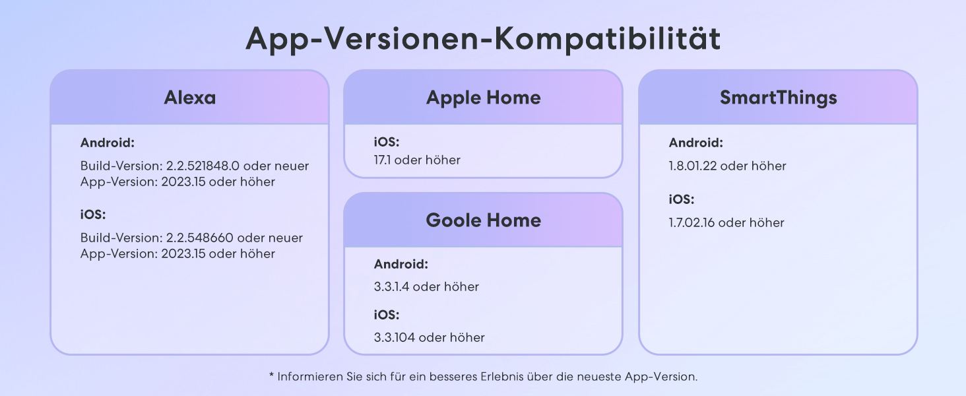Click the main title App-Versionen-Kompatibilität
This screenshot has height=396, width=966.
tap(483, 40)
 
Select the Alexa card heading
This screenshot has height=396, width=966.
tap(189, 98)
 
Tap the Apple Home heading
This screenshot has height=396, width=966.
tap(483, 98)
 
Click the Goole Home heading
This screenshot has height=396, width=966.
tap(483, 220)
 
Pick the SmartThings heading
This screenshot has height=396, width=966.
tap(778, 98)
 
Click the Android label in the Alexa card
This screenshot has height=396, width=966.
tap(107, 143)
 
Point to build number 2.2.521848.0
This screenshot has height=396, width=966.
tap(201, 166)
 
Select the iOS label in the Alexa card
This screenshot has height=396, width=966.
tap(93, 214)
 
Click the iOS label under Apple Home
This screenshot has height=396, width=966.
tap(387, 143)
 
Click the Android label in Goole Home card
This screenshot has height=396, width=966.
tap(401, 265)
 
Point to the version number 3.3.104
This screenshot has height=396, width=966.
tap(394, 338)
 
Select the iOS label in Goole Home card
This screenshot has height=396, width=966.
tap(387, 315)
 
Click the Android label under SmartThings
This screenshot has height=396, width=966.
tap(695, 143)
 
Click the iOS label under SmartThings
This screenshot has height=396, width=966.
tap(682, 199)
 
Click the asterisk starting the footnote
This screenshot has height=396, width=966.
tap(271, 376)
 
